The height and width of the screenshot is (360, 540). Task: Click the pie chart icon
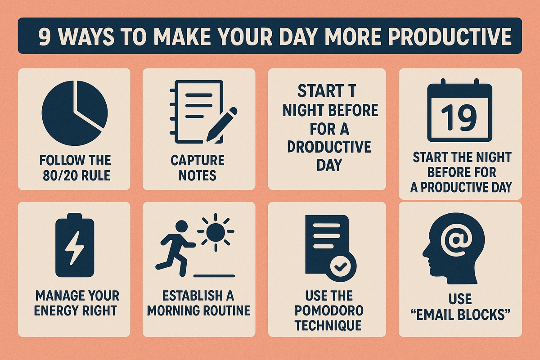click(x=74, y=106)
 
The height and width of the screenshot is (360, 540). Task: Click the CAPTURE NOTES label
click(x=198, y=167)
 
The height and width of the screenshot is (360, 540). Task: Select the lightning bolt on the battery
click(x=74, y=247)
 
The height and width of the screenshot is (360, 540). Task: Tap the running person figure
click(x=176, y=245)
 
